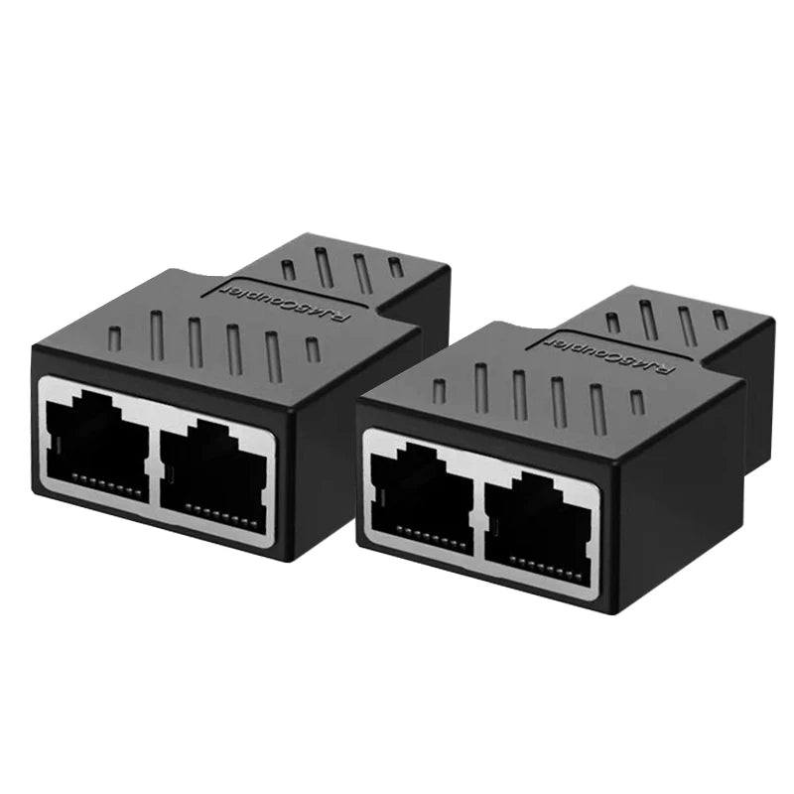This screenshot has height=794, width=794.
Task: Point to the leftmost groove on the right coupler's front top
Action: (440, 390)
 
